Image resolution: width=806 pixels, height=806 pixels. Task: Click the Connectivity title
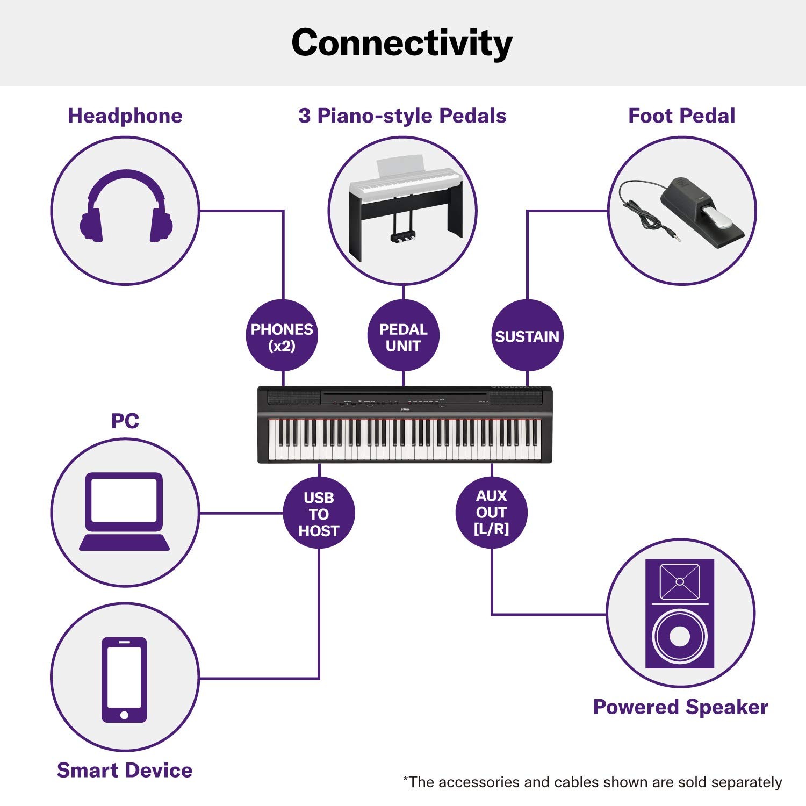[402, 43]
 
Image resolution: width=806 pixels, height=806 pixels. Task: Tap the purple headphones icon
[126, 207]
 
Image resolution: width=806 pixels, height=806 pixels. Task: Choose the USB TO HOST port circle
[319, 513]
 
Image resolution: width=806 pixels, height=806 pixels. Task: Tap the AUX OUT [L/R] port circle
[491, 512]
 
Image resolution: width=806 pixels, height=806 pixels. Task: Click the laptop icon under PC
[125, 512]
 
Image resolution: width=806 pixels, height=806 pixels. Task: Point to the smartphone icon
[125, 679]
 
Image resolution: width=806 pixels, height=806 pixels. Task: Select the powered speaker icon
[680, 614]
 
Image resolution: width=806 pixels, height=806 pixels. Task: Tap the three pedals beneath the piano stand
[402, 236]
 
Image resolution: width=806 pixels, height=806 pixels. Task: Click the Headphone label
[125, 116]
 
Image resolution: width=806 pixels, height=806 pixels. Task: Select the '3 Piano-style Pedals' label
[402, 116]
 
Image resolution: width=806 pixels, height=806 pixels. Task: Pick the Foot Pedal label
[681, 116]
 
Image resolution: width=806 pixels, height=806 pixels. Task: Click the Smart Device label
[125, 770]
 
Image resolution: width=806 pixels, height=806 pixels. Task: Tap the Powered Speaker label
[680, 707]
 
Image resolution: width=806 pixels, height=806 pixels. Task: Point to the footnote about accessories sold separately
[592, 782]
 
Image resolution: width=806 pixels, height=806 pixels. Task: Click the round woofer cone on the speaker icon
[680, 637]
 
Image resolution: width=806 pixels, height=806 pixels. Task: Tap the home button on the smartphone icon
[125, 715]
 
